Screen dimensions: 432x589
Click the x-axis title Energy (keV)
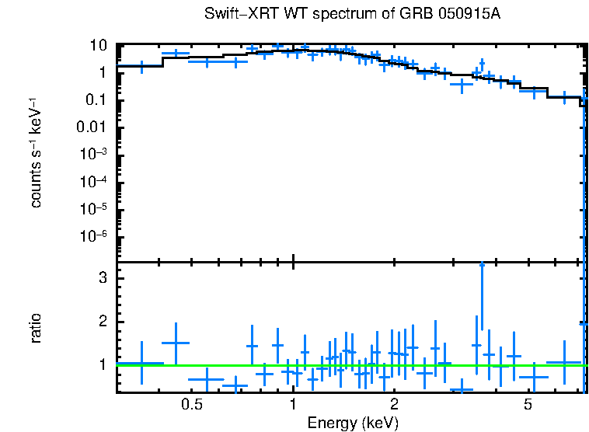[353, 423]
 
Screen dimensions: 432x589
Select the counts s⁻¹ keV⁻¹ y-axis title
[36, 153]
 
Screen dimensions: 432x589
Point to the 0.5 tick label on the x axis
[191, 405]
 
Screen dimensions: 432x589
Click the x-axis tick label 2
[394, 405]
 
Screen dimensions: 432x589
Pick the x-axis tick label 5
[528, 405]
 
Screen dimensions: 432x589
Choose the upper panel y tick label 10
[98, 45]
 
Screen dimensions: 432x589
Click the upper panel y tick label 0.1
[96, 99]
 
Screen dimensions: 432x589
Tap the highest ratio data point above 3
[482, 265]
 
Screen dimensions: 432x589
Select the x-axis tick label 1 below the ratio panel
[293, 405]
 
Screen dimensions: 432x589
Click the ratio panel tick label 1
[101, 364]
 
